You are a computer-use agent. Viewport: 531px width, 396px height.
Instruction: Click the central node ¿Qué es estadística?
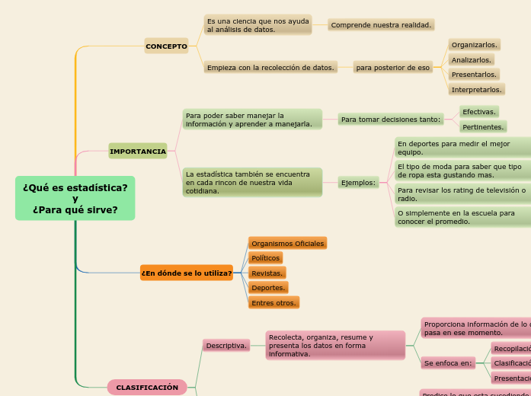point(75,199)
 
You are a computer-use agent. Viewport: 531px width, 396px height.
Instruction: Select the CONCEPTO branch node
point(166,46)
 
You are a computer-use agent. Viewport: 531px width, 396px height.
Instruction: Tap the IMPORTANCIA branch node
point(138,152)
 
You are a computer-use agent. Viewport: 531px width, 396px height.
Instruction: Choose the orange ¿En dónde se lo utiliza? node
point(187,273)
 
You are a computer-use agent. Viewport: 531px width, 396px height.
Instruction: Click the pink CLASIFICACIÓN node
point(147,388)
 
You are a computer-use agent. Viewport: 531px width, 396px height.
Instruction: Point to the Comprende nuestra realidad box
point(381,25)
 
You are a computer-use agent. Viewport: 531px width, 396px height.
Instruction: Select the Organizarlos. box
point(475,45)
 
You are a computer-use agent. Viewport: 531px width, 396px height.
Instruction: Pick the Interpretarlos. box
point(476,90)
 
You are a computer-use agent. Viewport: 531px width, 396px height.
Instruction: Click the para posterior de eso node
point(393,68)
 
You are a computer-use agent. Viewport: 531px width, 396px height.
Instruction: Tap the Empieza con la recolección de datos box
point(270,68)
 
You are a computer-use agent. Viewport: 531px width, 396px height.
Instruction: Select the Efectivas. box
point(479,112)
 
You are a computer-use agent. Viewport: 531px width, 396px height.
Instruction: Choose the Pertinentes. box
point(483,127)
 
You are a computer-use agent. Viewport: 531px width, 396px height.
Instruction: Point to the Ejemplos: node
point(358,183)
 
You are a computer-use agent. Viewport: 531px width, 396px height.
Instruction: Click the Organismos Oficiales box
point(288,244)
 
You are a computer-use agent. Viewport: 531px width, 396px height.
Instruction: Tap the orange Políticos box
point(266,258)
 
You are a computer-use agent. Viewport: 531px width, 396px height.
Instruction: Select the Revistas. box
point(267,273)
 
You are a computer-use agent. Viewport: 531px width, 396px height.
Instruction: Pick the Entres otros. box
point(273,303)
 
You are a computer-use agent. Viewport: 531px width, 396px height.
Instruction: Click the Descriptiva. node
point(226,346)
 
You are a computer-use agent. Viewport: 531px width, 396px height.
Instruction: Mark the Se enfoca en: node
point(448,363)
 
